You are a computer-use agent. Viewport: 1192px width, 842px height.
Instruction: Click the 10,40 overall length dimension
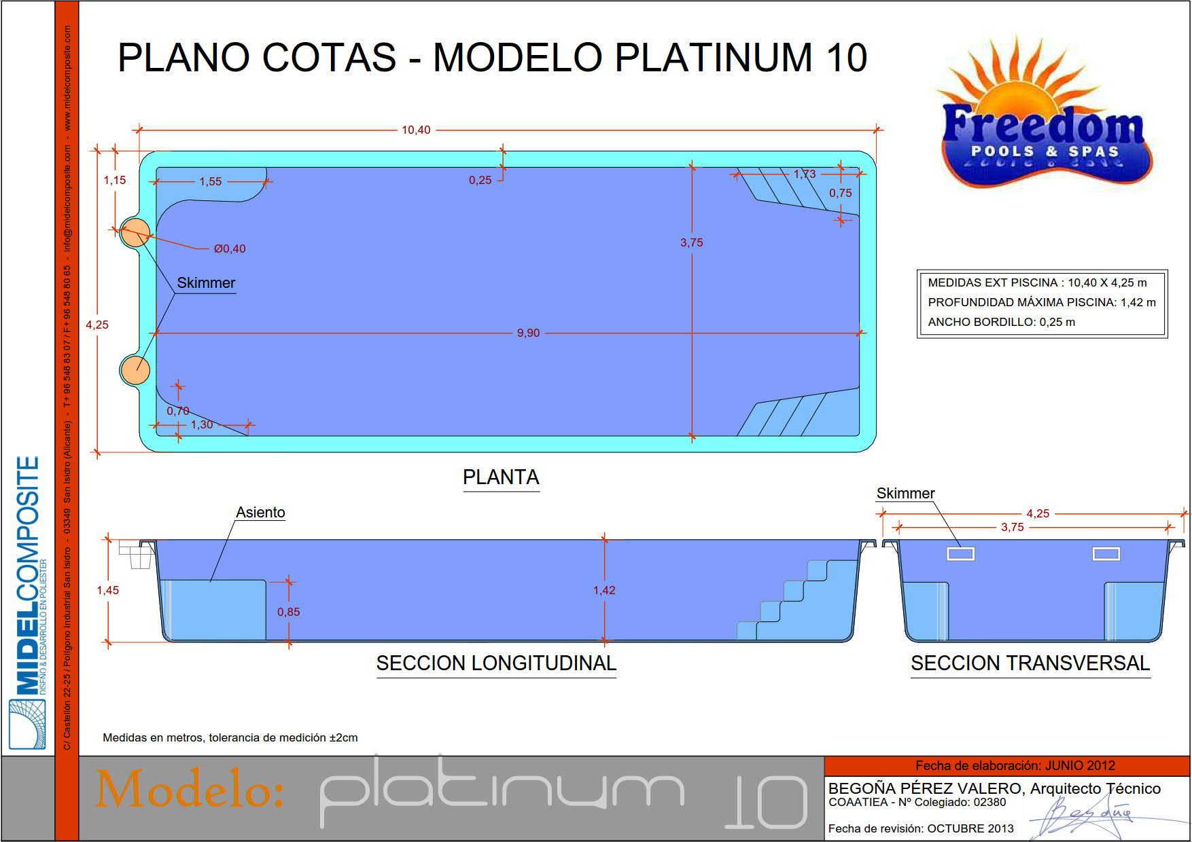(416, 130)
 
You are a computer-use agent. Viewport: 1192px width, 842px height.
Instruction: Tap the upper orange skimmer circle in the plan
(135, 233)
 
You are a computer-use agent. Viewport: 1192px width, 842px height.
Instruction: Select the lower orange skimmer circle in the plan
(135, 369)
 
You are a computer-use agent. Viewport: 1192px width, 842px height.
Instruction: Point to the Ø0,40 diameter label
(230, 249)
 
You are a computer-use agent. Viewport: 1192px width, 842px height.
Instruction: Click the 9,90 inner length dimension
(528, 333)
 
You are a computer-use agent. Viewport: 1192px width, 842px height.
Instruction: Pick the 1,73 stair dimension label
(805, 174)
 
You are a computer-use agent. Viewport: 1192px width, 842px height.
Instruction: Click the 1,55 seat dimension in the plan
(211, 181)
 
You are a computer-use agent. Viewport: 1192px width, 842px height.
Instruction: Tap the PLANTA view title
(501, 477)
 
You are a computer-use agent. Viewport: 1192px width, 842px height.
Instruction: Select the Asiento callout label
(260, 513)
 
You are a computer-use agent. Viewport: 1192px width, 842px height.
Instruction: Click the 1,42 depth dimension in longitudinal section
(604, 590)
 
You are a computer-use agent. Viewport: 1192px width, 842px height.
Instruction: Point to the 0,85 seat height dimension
(288, 612)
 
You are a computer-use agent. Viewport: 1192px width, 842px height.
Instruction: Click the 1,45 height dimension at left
(108, 590)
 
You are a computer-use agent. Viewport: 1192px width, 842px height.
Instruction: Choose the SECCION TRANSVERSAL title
(1030, 663)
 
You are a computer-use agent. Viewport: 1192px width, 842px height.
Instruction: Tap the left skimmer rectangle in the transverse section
(961, 554)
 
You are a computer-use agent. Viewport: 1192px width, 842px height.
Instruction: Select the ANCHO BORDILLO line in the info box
(1002, 322)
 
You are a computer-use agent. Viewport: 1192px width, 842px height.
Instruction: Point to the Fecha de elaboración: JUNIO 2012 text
(1015, 765)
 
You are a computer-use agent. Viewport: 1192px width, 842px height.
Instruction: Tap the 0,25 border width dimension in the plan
(480, 180)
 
